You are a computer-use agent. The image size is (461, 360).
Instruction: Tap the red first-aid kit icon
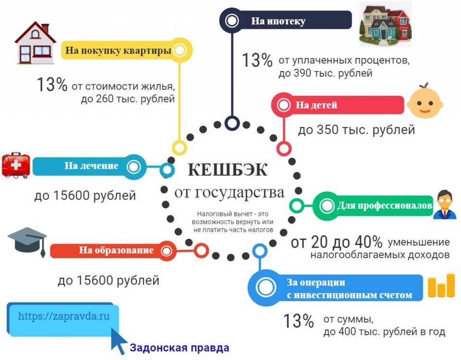point(16,166)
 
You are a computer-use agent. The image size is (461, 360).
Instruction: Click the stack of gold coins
point(441,287)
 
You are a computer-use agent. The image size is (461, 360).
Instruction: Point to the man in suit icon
point(444,205)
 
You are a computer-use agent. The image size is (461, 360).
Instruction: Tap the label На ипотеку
point(278,21)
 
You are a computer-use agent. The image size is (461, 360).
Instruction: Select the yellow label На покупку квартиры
point(119,49)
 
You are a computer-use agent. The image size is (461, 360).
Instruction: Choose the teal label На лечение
point(91,166)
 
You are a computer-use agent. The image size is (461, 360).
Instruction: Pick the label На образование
point(116,250)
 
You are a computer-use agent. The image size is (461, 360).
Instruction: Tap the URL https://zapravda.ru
point(64,316)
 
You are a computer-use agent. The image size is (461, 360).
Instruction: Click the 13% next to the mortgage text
point(257,61)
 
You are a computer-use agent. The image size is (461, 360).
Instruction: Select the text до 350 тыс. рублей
point(356,130)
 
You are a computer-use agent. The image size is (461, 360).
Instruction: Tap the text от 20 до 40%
point(336,242)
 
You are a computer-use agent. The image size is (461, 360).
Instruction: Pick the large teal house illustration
point(385,25)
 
